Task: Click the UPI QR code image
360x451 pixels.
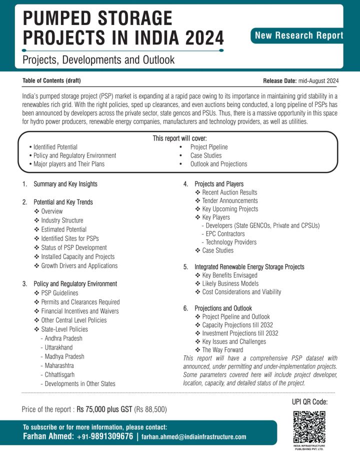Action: point(309,425)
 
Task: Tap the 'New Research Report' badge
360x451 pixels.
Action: point(299,35)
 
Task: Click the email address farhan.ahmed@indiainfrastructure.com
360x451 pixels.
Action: point(194,436)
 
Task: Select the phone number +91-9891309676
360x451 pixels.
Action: point(105,436)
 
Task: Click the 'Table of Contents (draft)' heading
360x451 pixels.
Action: point(51,80)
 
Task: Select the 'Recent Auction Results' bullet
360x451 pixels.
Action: point(229,192)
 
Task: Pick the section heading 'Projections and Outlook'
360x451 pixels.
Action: point(223,308)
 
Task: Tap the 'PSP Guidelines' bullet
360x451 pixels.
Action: point(59,293)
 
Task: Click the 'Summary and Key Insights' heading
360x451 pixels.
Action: point(65,184)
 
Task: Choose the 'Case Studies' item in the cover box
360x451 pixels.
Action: point(205,155)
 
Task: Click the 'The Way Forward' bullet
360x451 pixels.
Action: point(222,350)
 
